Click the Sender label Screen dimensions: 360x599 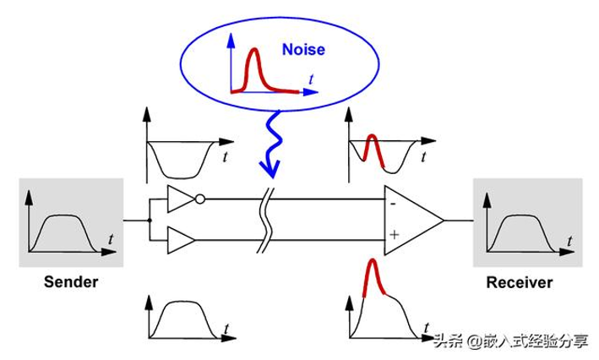71,281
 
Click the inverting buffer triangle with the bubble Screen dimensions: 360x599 180,200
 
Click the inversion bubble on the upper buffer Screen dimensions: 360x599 199,200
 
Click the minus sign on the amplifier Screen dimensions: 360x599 394,204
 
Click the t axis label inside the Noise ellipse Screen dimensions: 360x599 313,78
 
